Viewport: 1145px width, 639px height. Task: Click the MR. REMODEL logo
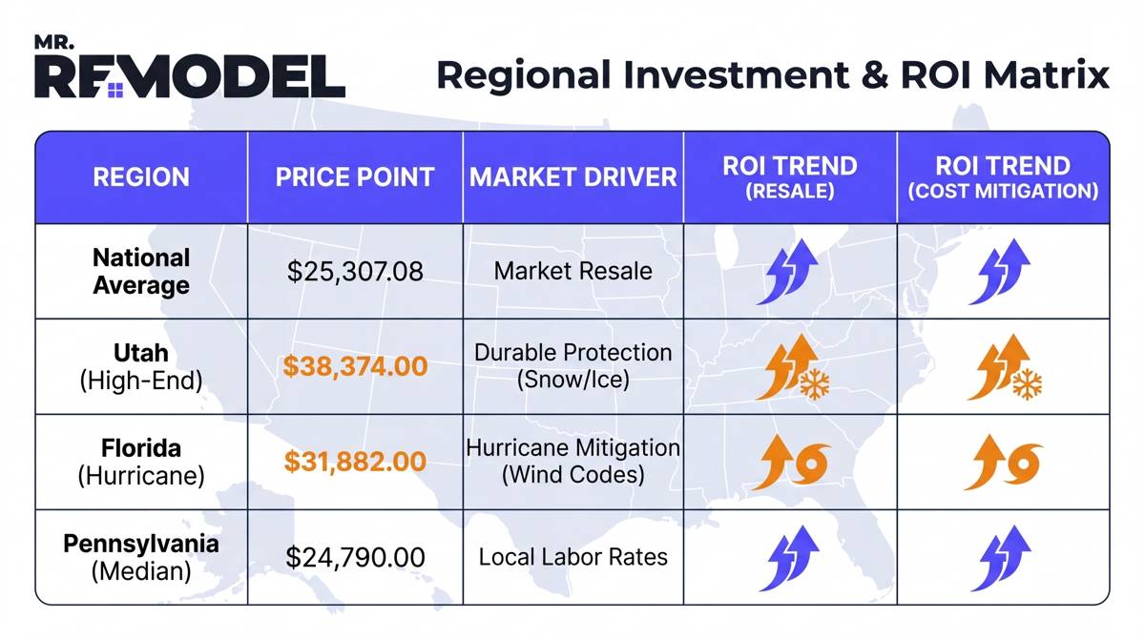pyautogui.click(x=189, y=70)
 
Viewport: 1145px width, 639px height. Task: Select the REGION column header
pyautogui.click(x=141, y=177)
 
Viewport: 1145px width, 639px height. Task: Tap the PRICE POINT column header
pyautogui.click(x=355, y=177)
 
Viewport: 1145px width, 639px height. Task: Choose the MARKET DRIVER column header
pyautogui.click(x=573, y=177)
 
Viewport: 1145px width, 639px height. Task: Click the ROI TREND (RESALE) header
pyautogui.click(x=790, y=177)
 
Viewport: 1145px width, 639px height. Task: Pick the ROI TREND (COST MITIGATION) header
pyautogui.click(x=1003, y=177)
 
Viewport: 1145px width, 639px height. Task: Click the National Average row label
pyautogui.click(x=141, y=271)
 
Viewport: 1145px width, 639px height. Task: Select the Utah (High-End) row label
pyautogui.click(x=141, y=367)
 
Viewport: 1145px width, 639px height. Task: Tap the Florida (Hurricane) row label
pyautogui.click(x=141, y=462)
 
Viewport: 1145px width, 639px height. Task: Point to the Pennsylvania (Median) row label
pyautogui.click(x=141, y=557)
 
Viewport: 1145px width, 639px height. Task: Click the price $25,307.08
pyautogui.click(x=355, y=271)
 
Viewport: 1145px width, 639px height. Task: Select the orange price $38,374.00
pyautogui.click(x=355, y=367)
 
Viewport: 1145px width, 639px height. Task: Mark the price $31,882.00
pyautogui.click(x=355, y=462)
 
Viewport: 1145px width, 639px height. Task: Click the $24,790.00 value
pyautogui.click(x=355, y=557)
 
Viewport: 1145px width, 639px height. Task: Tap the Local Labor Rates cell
pyautogui.click(x=573, y=557)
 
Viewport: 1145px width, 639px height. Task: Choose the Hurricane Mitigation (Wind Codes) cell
pyautogui.click(x=573, y=461)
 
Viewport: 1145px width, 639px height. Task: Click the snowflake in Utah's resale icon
pyautogui.click(x=814, y=384)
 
